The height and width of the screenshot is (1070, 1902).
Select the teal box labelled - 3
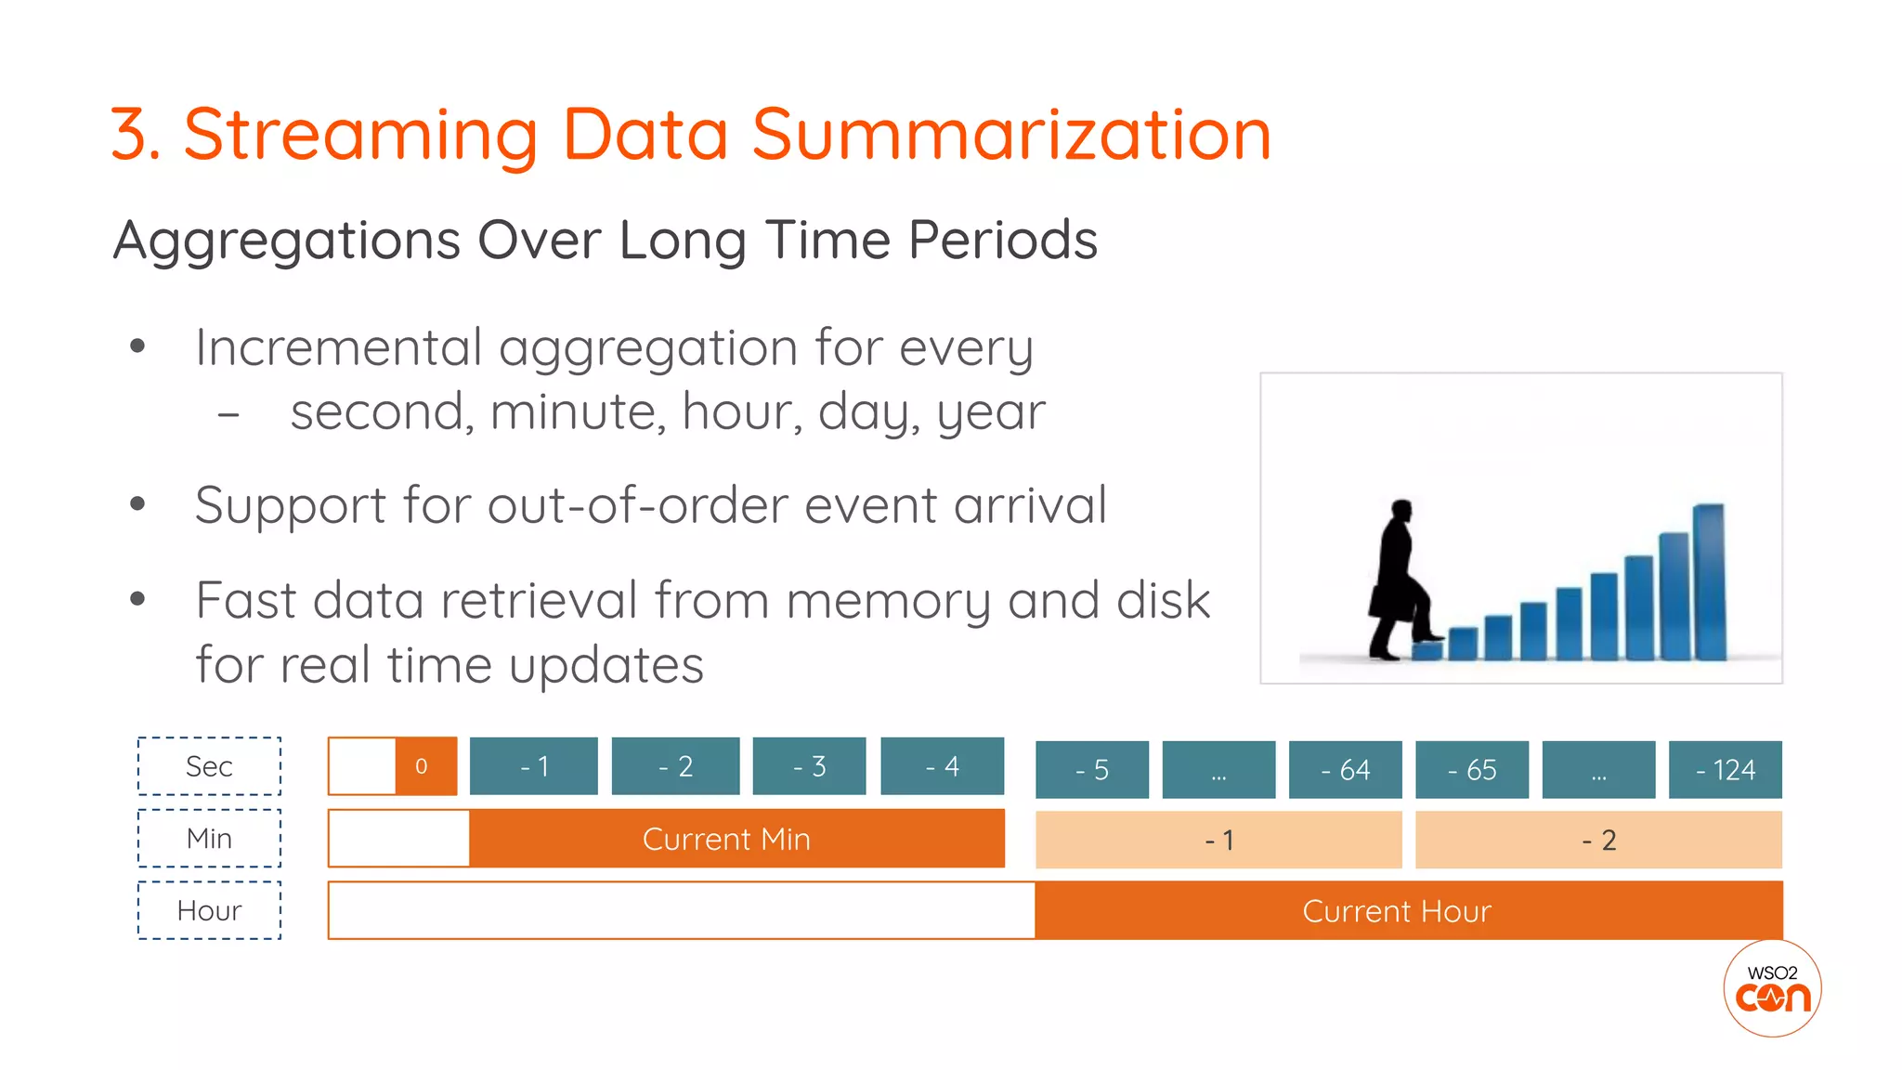(809, 766)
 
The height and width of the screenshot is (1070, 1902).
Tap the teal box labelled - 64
(1345, 770)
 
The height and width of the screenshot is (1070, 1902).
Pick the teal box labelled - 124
(1725, 770)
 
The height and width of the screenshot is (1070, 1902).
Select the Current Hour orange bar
(1408, 911)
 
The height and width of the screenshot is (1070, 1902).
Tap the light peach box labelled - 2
(1598, 841)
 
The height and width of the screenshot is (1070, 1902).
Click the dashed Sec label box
(209, 766)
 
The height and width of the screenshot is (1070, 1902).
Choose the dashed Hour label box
(209, 911)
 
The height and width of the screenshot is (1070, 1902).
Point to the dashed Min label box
(209, 839)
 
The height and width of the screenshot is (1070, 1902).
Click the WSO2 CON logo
(1772, 989)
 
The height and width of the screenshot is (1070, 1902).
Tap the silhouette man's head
(1401, 511)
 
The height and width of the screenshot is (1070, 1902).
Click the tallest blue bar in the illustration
(1709, 581)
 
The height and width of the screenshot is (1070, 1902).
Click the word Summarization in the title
(1011, 135)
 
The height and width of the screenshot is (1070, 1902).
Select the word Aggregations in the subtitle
(287, 241)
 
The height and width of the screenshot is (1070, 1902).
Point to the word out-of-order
(638, 505)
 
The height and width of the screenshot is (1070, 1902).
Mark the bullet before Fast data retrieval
(138, 599)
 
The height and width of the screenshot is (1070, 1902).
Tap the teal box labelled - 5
(1091, 770)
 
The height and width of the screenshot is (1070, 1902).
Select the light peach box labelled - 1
(1218, 841)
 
